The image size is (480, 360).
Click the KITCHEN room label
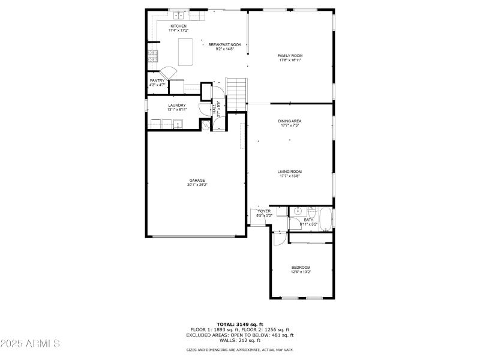pyautogui.click(x=178, y=26)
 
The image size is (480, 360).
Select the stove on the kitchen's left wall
pyautogui.click(x=153, y=57)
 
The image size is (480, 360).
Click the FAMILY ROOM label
pyautogui.click(x=290, y=55)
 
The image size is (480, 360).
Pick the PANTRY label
pyautogui.click(x=157, y=80)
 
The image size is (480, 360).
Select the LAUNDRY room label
pyautogui.click(x=176, y=106)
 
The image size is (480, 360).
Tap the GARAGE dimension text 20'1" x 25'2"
pyautogui.click(x=197, y=185)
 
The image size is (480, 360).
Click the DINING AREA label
pyautogui.click(x=289, y=121)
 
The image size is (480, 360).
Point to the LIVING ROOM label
pyautogui.click(x=289, y=172)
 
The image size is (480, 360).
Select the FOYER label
pyautogui.click(x=264, y=211)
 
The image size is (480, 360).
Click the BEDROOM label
pyautogui.click(x=301, y=267)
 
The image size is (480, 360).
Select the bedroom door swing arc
pyautogui.click(x=278, y=238)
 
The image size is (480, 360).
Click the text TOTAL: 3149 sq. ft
pyautogui.click(x=239, y=324)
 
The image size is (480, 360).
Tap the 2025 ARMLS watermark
pyautogui.click(x=30, y=344)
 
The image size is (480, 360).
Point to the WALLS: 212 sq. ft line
pyautogui.click(x=239, y=340)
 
